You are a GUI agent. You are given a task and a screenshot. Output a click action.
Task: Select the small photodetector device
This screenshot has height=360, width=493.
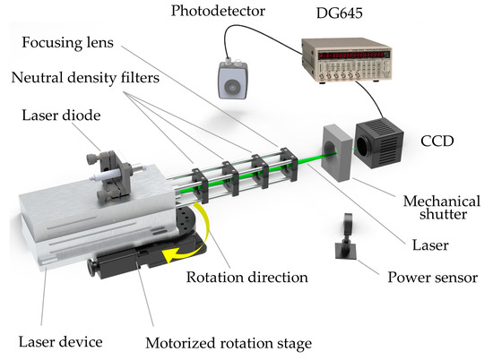[x=232, y=82]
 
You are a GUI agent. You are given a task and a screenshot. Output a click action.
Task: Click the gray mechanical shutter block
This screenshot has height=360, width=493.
[x=335, y=153]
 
